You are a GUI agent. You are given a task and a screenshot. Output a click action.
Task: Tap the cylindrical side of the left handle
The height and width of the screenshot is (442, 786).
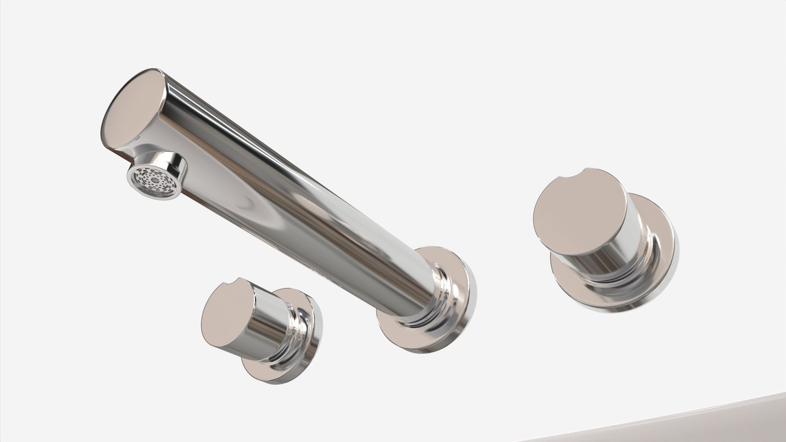[268, 327]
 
